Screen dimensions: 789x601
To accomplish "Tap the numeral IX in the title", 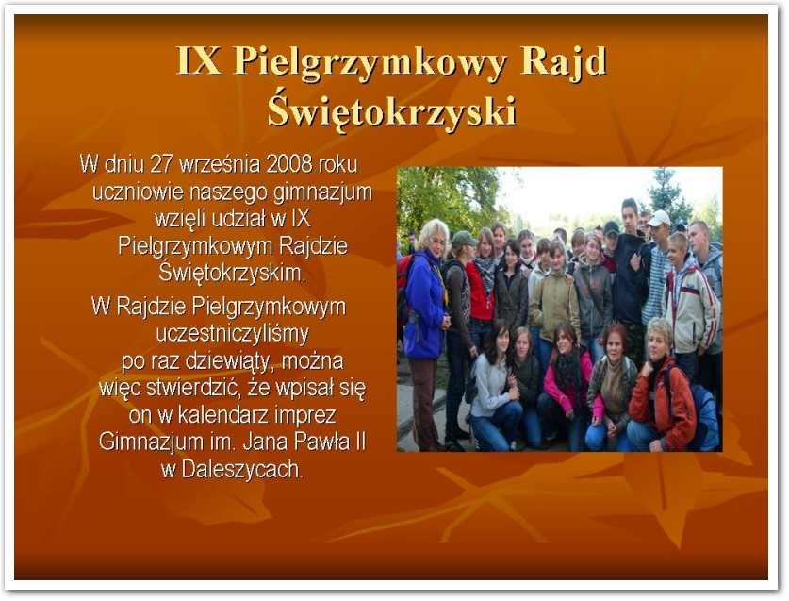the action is click(x=199, y=61).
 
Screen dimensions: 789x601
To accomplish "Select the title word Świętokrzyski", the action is click(x=391, y=110).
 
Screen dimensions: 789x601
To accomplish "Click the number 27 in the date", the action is click(x=161, y=164).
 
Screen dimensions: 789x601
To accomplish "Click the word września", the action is click(x=220, y=164).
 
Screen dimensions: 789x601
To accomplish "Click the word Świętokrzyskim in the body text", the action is click(x=232, y=274).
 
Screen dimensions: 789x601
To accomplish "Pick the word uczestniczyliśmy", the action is click(x=233, y=333).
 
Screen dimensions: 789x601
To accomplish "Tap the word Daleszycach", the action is click(x=242, y=470).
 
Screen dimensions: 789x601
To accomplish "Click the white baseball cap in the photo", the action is click(x=659, y=218).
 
